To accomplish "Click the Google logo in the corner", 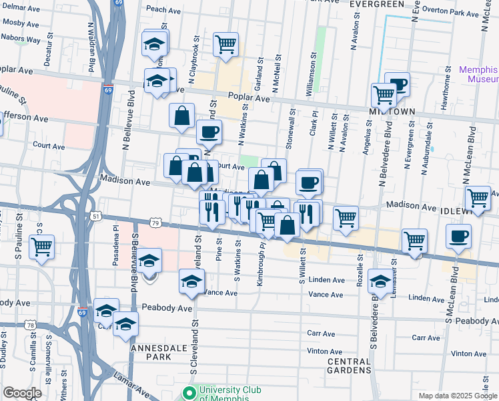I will coord(22,393).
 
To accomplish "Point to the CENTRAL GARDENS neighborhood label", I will coord(348,366).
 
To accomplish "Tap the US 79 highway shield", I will coord(155,222).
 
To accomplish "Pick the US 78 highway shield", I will coord(31,325).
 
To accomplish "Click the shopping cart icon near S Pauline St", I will coord(42,247).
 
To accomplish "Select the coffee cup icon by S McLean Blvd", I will coord(459,236).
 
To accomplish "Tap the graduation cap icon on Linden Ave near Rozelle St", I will coord(380,280).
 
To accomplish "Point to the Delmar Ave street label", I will coord(18,8).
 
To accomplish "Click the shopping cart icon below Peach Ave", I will coord(226,45).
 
